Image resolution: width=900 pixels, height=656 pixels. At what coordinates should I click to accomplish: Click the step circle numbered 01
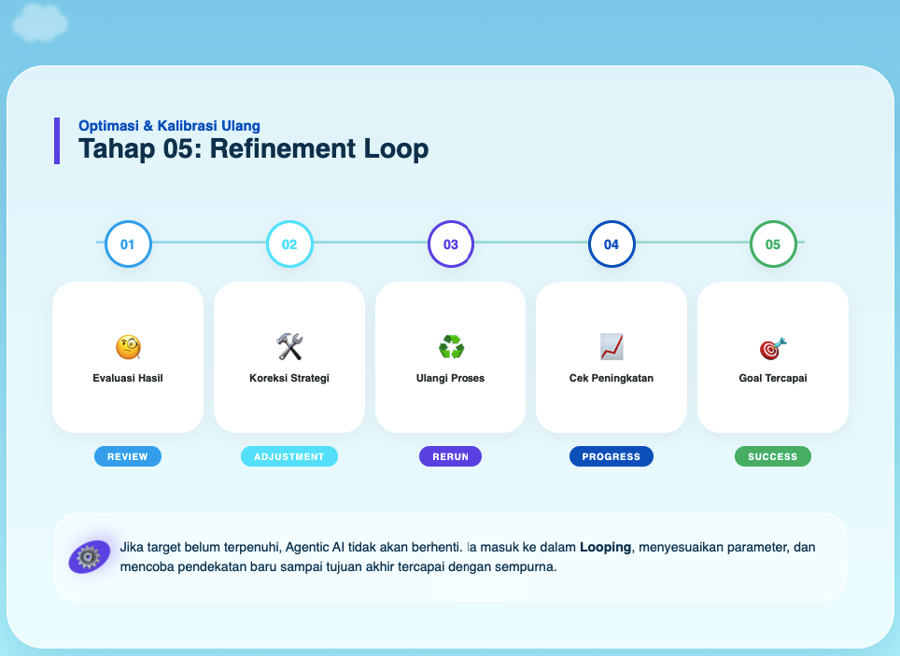(x=128, y=244)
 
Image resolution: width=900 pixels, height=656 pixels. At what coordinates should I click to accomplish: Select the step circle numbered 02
(x=289, y=244)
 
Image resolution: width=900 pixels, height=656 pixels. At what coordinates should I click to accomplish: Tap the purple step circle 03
(x=451, y=244)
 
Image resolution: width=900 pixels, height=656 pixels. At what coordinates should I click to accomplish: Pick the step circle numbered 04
(x=612, y=244)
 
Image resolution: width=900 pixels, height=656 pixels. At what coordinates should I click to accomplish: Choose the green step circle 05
(x=773, y=244)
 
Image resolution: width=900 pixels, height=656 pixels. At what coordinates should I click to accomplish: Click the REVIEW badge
(x=128, y=456)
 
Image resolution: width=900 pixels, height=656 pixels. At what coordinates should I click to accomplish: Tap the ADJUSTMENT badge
(x=289, y=456)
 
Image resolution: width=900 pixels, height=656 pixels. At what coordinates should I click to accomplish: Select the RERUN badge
(x=450, y=456)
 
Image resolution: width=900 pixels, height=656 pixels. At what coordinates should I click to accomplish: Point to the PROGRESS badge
(x=612, y=456)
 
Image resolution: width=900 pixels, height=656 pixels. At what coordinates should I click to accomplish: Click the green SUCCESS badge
(x=773, y=456)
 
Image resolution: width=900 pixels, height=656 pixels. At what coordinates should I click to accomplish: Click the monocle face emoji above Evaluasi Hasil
(x=128, y=347)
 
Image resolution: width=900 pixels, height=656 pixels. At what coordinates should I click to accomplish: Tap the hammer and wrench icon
(x=289, y=347)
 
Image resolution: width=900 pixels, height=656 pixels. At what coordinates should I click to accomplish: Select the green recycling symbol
(x=451, y=347)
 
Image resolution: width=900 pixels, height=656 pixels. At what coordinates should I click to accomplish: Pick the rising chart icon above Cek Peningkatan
(x=612, y=347)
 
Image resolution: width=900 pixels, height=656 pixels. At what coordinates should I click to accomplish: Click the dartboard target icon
(x=773, y=348)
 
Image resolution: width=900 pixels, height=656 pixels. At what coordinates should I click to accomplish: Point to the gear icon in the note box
(x=89, y=557)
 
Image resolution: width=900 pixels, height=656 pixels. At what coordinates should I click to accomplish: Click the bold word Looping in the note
(x=605, y=548)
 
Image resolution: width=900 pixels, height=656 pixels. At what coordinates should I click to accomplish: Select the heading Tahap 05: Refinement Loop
(x=254, y=148)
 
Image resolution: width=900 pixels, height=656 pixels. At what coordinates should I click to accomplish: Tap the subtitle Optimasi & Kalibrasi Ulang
(x=169, y=125)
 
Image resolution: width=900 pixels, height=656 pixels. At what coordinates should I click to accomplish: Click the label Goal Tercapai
(x=773, y=378)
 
